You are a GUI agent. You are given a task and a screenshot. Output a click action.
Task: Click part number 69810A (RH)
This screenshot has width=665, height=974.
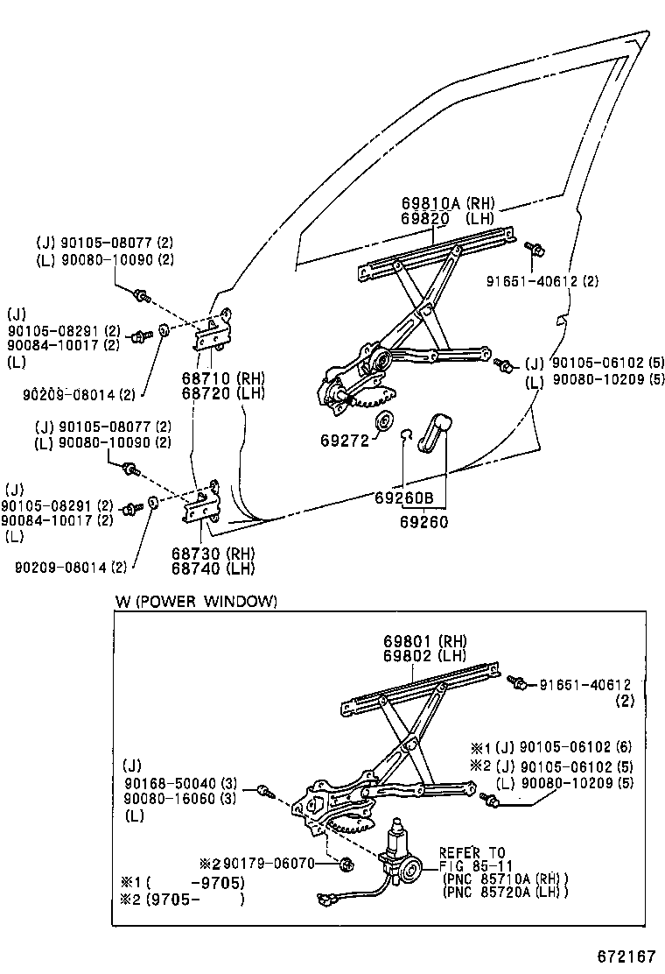pos(448,203)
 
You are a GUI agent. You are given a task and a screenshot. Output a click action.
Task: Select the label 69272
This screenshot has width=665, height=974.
pos(344,441)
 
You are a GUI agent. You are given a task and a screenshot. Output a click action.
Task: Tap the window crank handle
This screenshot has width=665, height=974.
pos(434,431)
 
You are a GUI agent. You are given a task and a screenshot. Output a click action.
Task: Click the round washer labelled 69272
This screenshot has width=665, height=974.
pos(384,420)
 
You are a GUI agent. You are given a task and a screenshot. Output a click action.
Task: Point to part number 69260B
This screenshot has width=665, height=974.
pos(404,498)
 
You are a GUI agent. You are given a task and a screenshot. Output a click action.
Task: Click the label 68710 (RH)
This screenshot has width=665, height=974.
pos(223,378)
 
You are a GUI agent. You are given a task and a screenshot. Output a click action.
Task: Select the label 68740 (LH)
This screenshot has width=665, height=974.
pos(213,568)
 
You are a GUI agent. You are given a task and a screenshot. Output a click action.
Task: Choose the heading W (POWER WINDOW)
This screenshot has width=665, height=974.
pos(196,601)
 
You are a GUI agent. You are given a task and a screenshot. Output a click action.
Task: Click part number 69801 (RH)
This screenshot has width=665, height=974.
pos(425,640)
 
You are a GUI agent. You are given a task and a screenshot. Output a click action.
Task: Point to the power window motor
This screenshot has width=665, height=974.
pos(400,857)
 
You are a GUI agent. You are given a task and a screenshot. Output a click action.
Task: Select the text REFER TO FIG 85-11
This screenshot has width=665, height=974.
pos(472,859)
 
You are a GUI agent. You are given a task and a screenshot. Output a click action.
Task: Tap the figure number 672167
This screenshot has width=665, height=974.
pos(626,956)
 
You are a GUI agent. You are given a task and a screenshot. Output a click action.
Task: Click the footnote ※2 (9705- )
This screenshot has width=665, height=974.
pos(182,899)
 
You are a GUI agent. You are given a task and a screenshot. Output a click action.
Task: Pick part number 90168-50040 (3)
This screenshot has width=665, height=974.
pos(180,784)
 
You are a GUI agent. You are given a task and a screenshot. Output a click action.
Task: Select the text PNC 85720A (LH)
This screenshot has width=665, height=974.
pos(507,892)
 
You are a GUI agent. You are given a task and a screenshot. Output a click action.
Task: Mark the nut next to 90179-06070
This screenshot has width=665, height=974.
pos(347,863)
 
